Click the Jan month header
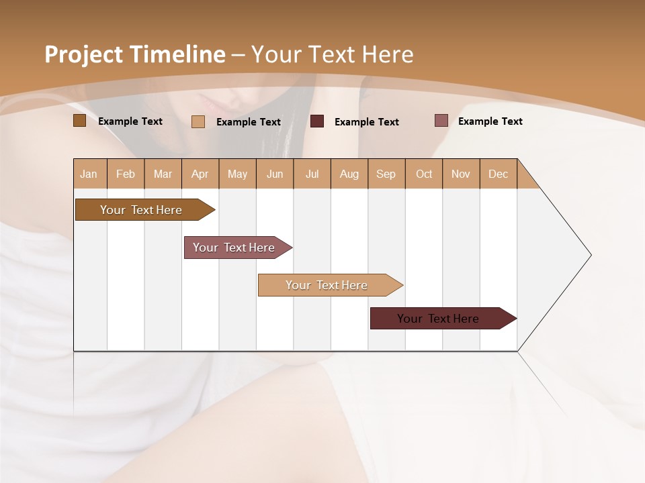pos(89,174)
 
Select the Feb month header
pos(126,174)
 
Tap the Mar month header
pos(163,174)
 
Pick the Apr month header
pos(200,174)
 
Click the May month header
pos(237,174)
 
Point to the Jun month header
pos(275,174)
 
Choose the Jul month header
pos(312,174)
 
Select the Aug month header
pos(349,174)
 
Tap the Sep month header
pos(386,174)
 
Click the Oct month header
pos(424,174)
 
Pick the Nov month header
pos(461,174)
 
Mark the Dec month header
pos(499,174)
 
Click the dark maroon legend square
pos(317,121)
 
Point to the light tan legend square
pos(198,121)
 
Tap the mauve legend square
pos(441,121)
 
